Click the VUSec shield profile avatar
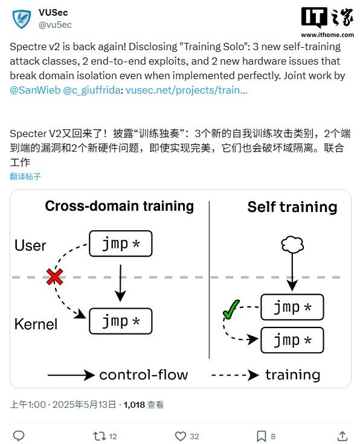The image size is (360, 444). click(x=22, y=19)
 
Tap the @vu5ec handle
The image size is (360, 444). click(x=55, y=25)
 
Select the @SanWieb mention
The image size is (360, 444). click(x=35, y=90)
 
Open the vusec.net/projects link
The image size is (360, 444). click(x=187, y=90)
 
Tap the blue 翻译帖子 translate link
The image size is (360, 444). click(x=25, y=176)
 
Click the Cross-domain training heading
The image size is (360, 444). click(x=120, y=206)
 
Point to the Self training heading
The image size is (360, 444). click(x=292, y=207)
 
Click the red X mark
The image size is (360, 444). click(x=55, y=277)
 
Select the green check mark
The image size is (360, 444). click(x=231, y=309)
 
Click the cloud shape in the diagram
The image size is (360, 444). click(x=292, y=245)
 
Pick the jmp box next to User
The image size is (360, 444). click(x=121, y=243)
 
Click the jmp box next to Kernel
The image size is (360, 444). click(x=121, y=321)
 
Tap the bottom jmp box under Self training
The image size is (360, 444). click(x=292, y=340)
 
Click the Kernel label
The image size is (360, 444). click(x=36, y=324)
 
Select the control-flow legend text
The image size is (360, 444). click(x=144, y=375)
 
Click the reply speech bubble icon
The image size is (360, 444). click(x=19, y=436)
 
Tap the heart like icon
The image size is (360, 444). click(x=181, y=436)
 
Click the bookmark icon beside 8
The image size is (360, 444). click(x=261, y=436)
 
